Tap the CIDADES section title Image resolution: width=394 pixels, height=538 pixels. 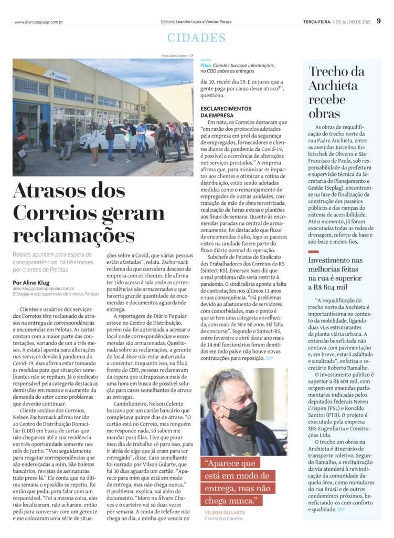click(197, 38)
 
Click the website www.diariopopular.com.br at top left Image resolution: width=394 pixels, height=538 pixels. click(39, 22)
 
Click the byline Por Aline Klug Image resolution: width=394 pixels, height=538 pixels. click(36, 282)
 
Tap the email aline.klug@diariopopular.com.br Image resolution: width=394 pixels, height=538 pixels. click(44, 288)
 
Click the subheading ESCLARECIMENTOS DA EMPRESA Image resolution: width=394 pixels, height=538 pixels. click(226, 111)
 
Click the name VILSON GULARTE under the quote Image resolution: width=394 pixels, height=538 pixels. click(226, 512)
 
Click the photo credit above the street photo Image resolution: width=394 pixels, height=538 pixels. click(177, 56)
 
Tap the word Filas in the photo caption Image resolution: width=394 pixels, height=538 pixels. click(206, 64)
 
